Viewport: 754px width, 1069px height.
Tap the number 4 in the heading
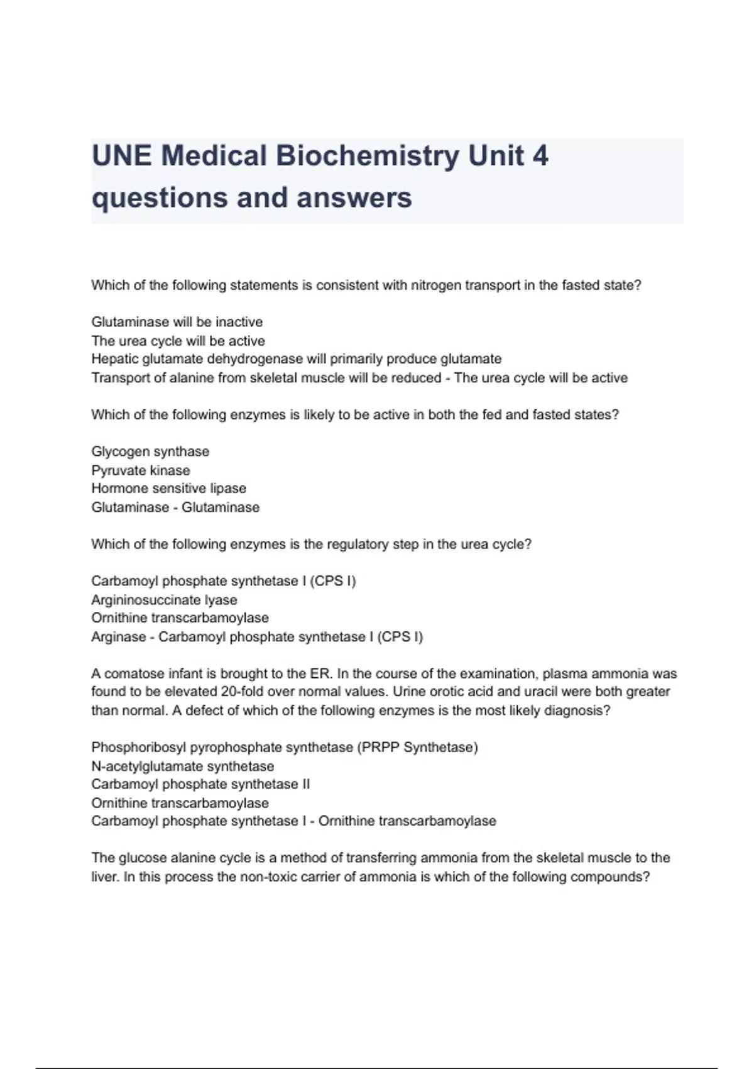(540, 156)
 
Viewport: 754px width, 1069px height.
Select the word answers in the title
(354, 197)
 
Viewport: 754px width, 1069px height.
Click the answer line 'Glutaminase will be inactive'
(177, 322)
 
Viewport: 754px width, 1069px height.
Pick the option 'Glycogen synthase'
(150, 451)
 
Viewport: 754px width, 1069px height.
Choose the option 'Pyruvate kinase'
(141, 470)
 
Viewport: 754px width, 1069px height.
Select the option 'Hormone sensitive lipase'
(168, 489)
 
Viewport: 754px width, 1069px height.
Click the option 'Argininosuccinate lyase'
(164, 600)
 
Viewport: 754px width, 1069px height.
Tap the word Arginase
(119, 637)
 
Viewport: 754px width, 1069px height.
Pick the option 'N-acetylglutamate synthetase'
(183, 767)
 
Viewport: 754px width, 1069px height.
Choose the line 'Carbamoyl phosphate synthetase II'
(200, 785)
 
